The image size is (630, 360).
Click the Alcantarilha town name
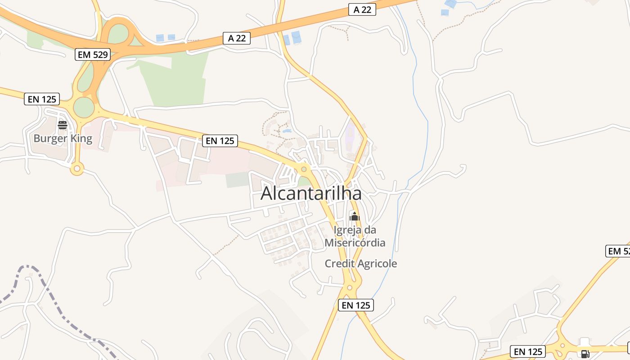coord(311,193)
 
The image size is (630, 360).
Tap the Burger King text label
coord(63,138)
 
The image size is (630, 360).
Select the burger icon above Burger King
coord(63,125)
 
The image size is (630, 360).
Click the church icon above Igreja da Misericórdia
coord(355,216)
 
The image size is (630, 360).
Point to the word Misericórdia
coord(355,243)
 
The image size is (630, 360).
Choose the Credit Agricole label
coord(361,264)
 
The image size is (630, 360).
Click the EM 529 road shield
coord(93,54)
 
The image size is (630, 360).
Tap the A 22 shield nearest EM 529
coord(237,38)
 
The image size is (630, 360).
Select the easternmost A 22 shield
coord(362,9)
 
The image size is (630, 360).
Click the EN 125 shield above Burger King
coord(42,99)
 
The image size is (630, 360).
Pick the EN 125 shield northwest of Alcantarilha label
coord(220,140)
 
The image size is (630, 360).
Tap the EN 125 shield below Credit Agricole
coord(356,305)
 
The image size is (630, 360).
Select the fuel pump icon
coord(585,354)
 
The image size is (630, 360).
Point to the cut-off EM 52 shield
coord(618,251)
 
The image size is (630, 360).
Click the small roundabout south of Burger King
coord(77,169)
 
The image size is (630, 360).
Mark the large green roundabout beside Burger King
coord(84,108)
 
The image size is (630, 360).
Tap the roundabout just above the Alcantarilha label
coord(304,169)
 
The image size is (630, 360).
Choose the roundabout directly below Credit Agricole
coord(350,287)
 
